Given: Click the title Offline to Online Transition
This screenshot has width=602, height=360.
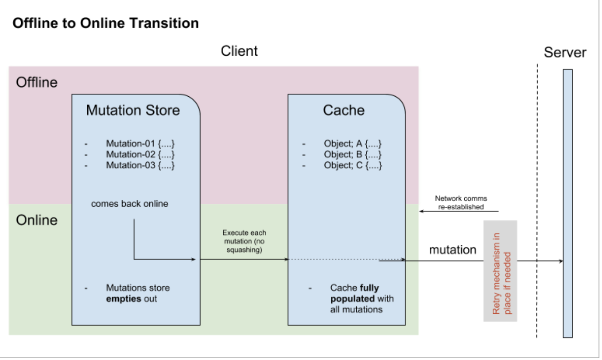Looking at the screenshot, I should point(106,23).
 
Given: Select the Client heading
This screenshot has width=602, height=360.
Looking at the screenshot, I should point(239,51).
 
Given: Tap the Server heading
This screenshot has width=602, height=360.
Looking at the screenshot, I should point(565,53).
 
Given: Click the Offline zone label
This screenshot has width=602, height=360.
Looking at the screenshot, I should point(37,82).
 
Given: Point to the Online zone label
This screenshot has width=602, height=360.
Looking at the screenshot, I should point(37,220).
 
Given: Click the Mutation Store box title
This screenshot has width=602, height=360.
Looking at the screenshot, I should point(133,110).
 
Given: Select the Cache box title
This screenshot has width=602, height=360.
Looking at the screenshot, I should point(344,110).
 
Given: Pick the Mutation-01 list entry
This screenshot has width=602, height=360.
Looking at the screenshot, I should point(140,144).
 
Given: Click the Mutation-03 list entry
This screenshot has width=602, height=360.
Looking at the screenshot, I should point(140,165).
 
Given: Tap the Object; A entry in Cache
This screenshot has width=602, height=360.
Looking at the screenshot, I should point(353,144).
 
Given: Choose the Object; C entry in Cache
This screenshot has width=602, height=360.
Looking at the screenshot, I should point(353,165).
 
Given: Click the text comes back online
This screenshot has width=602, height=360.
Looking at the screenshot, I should point(130,204).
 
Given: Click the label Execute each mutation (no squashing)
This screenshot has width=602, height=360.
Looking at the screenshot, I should point(244,241).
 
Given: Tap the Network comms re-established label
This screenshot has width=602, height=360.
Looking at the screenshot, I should point(461,202).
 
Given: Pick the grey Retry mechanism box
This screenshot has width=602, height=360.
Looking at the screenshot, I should point(500,271).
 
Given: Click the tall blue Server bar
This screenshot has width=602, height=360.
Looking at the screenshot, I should point(567,203).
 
